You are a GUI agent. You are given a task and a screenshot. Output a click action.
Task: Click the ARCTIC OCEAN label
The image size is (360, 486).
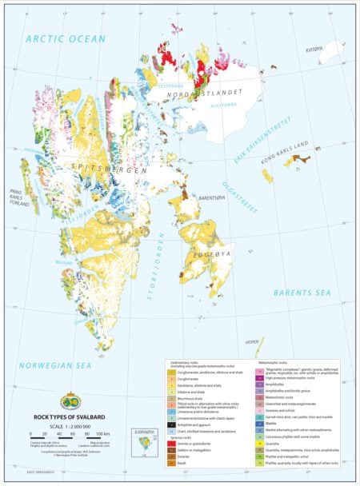tap(65, 38)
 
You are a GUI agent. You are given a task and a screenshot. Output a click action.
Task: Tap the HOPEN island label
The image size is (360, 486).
tap(252, 341)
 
